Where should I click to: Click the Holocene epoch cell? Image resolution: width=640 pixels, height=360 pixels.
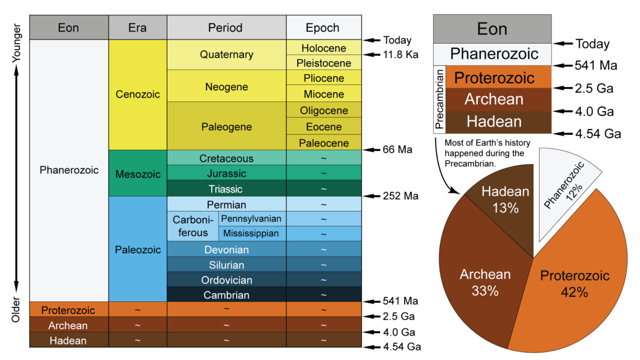(324, 48)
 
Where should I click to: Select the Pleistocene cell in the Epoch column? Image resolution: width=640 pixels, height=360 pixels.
(324, 63)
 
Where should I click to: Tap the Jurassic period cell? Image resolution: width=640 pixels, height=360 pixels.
(227, 173)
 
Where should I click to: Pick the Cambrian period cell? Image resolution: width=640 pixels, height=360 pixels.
(227, 295)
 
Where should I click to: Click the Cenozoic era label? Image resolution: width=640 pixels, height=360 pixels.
(138, 94)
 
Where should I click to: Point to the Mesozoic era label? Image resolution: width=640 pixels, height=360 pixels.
(138, 173)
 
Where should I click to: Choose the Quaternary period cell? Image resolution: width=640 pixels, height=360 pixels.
(227, 55)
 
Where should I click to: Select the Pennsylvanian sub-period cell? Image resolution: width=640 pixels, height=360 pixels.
(252, 219)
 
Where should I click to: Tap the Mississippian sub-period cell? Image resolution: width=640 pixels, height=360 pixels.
(252, 234)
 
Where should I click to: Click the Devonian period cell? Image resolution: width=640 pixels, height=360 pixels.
(227, 250)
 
